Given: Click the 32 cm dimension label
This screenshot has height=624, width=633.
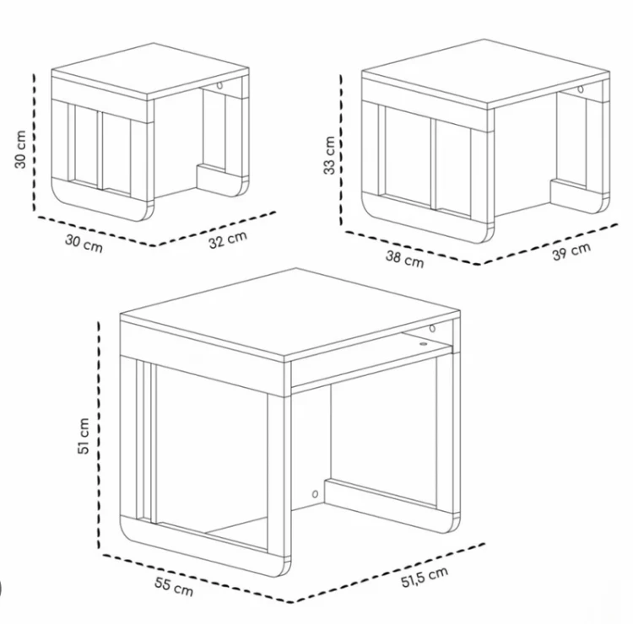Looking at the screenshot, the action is (x=228, y=240).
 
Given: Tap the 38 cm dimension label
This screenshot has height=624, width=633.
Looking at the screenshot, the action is (x=405, y=259).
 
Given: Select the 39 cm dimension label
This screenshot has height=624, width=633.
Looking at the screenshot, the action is (x=571, y=251).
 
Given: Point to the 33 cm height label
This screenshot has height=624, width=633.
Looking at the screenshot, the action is (x=329, y=155).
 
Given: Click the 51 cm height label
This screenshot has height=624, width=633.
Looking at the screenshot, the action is (x=84, y=436).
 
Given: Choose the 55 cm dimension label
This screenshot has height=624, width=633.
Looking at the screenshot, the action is (x=174, y=587).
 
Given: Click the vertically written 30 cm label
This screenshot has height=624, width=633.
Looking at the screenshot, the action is (x=20, y=149).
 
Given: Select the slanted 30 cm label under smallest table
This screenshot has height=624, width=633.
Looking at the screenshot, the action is (x=84, y=244).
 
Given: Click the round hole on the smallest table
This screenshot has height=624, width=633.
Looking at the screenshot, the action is (x=219, y=85).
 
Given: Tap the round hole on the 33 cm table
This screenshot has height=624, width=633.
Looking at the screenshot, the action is (x=581, y=89).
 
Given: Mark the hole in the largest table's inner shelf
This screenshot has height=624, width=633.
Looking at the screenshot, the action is (x=423, y=344).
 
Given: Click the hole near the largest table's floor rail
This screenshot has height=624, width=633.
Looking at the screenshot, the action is (x=315, y=493).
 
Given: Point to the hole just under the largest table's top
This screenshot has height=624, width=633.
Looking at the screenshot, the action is (x=432, y=328).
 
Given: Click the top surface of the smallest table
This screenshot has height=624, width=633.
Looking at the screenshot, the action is (x=150, y=71).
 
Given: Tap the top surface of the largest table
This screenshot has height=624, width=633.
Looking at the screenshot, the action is (x=290, y=313).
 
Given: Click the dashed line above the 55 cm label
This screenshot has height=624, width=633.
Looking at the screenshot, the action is (x=197, y=578).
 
